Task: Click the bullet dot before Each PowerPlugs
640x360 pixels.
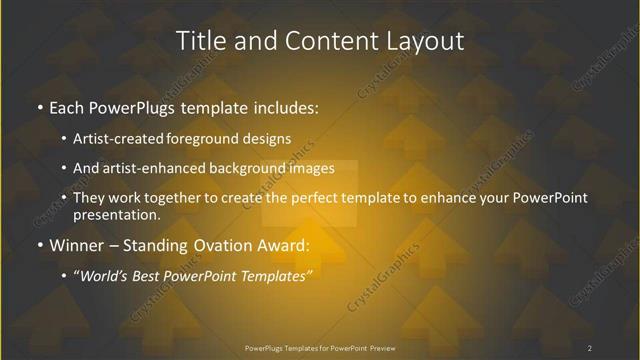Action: [x=38, y=105]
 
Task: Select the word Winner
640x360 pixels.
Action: [x=77, y=246]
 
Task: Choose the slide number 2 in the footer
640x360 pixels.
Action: [x=590, y=348]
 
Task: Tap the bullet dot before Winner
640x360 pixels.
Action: [x=38, y=246]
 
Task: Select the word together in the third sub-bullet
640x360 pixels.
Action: [x=158, y=199]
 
